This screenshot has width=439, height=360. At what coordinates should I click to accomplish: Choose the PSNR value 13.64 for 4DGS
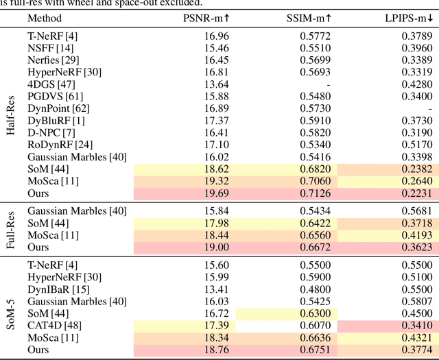[x=217, y=84]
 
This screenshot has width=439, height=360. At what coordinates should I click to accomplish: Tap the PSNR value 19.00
[x=217, y=247]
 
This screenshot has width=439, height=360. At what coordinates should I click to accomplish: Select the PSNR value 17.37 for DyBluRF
[x=217, y=120]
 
